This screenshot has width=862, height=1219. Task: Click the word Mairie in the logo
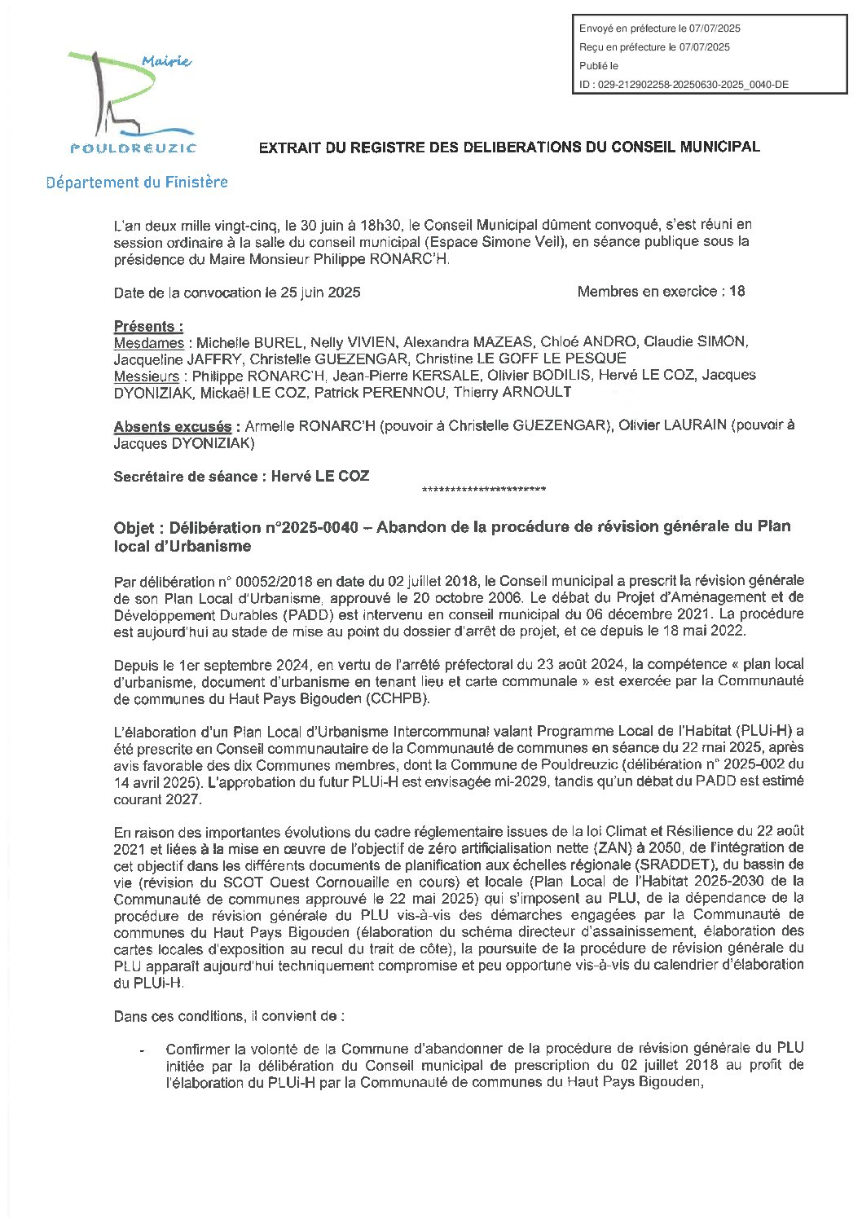(x=165, y=62)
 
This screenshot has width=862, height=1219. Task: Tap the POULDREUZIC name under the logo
(x=133, y=147)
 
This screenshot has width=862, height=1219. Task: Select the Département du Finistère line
(x=137, y=182)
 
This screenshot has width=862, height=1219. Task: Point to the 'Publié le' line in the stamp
(x=599, y=66)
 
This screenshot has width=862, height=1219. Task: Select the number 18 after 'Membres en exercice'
(x=737, y=291)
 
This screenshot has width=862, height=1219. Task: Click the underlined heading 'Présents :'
(x=148, y=326)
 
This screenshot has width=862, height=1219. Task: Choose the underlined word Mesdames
(x=149, y=342)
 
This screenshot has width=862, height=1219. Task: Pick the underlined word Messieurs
(x=147, y=376)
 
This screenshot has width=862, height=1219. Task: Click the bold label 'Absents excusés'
(x=173, y=426)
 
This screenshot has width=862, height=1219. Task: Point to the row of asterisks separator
(x=484, y=490)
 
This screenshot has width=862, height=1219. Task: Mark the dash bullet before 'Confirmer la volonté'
(x=143, y=1050)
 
